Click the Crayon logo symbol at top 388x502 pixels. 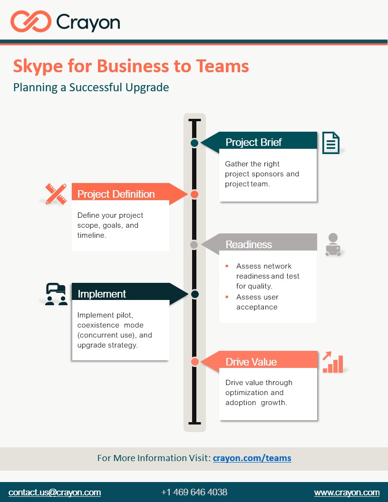[31, 22]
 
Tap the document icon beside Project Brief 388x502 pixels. [331, 143]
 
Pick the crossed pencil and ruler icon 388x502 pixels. [56, 194]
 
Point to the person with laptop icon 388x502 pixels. [333, 245]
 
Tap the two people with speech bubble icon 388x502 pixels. [56, 294]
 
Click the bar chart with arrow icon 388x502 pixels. [332, 362]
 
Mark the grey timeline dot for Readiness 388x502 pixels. [194, 244]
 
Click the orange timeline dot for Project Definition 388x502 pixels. [194, 194]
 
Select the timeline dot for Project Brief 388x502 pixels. [194, 143]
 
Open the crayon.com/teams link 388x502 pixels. [252, 458]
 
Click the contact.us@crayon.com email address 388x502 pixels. [55, 492]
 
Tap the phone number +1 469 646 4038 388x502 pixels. [194, 492]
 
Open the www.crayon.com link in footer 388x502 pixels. [347, 492]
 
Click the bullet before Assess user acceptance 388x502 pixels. [227, 297]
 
